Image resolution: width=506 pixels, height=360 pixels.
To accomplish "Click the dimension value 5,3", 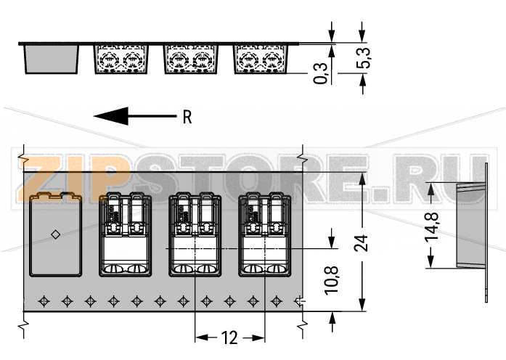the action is click(x=364, y=58).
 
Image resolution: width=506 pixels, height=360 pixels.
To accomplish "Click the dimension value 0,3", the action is click(x=320, y=73).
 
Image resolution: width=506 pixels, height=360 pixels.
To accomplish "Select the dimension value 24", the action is click(x=361, y=243).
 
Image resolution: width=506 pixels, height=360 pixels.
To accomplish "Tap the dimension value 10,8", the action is click(x=332, y=280).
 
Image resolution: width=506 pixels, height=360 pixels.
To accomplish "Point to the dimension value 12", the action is click(x=229, y=337).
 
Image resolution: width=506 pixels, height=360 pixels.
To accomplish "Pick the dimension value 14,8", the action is click(x=432, y=226).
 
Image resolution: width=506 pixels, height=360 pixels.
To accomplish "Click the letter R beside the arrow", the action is click(x=187, y=117).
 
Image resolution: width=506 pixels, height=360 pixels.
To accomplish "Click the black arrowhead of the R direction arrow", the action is click(x=111, y=116).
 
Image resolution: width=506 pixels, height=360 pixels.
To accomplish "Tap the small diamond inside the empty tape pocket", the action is click(x=55, y=234).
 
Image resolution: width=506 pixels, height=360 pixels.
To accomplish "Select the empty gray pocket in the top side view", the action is click(x=52, y=59).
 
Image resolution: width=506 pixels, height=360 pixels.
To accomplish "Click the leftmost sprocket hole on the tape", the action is click(x=44, y=301).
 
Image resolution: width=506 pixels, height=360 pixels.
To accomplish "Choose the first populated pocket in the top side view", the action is click(x=121, y=59).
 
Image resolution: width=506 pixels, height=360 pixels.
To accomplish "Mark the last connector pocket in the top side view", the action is click(x=261, y=59).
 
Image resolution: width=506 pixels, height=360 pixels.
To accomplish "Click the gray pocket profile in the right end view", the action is click(x=470, y=226).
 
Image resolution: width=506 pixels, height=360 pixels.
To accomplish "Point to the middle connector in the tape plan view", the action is click(x=195, y=234).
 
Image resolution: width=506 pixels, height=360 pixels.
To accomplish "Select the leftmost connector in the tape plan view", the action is click(x=125, y=234).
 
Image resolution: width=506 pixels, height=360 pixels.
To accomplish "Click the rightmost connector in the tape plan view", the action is click(x=265, y=234).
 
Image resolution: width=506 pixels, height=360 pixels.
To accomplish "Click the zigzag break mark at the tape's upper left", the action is click(x=23, y=158).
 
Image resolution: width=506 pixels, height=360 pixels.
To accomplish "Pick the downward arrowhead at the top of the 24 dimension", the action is click(x=362, y=179).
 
